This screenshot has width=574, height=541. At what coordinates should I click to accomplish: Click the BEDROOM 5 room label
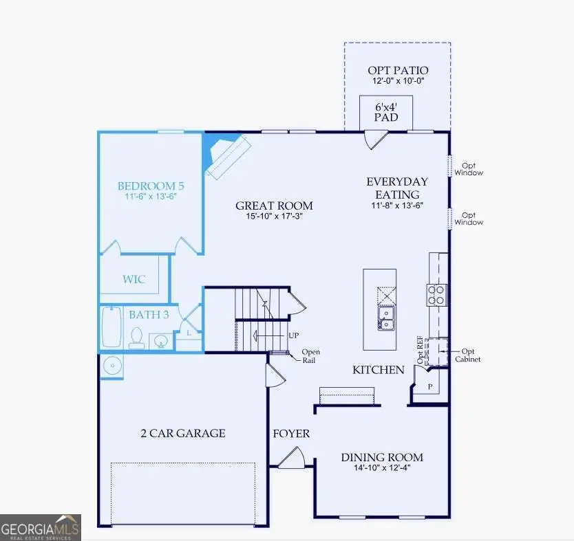tap(151, 186)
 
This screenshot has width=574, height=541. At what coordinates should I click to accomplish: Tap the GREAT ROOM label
tap(274, 206)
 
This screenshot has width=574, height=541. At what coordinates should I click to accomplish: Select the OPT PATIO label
tap(398, 70)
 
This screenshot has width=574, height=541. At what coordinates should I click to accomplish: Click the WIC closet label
tap(134, 280)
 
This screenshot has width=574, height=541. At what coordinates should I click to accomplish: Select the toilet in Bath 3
tap(137, 338)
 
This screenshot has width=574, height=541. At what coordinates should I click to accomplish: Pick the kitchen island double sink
tap(385, 319)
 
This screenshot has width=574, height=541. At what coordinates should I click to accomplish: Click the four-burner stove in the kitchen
tap(437, 295)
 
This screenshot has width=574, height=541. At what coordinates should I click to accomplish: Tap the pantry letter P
tap(430, 387)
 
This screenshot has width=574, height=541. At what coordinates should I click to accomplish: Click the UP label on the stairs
tap(293, 335)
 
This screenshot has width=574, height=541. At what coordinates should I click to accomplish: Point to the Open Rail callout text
tap(310, 356)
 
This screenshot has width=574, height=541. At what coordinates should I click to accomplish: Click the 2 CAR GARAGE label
tap(182, 433)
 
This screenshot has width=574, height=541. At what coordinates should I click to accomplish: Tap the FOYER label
tap(291, 434)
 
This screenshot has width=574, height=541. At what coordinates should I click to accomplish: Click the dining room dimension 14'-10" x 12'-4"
tap(383, 470)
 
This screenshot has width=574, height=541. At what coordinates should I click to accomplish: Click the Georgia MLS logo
tap(41, 527)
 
